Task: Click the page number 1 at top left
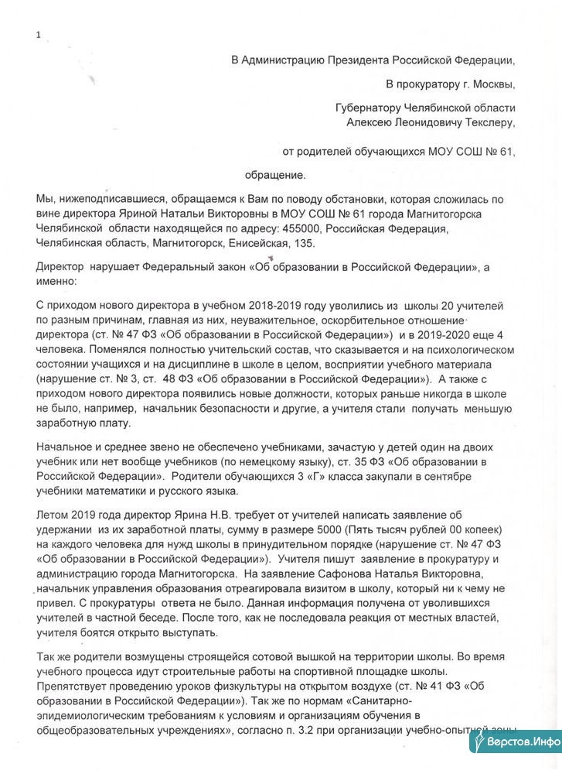click(38, 34)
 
